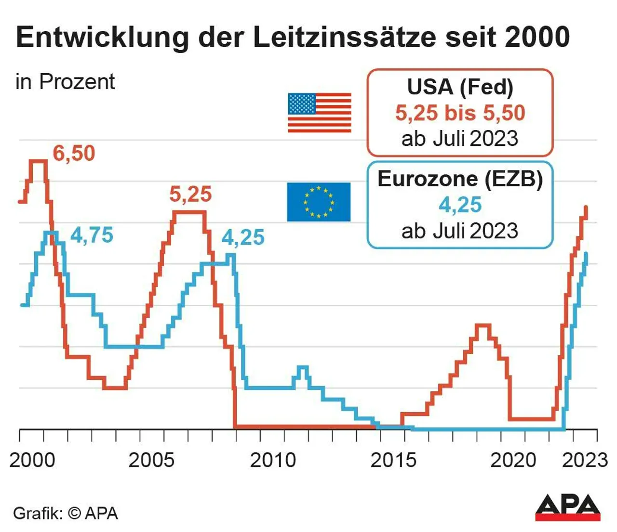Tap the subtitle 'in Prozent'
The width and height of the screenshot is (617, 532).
tap(65, 82)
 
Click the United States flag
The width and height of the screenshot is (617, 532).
tap(319, 113)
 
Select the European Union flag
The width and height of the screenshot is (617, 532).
tap(319, 202)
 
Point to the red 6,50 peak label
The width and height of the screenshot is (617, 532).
tap(74, 154)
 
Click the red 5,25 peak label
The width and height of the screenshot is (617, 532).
tap(190, 195)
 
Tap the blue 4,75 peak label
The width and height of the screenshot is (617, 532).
tap(92, 235)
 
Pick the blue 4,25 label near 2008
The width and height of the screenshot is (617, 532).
tap(243, 238)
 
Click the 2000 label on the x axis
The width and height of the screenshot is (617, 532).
tap(32, 460)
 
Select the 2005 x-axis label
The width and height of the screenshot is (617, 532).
tap(151, 460)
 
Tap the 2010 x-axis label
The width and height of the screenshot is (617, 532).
tap(272, 460)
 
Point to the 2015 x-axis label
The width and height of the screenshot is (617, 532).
tap(393, 460)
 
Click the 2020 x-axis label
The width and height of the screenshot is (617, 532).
tap(513, 460)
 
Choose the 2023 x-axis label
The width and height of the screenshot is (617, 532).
tap(585, 460)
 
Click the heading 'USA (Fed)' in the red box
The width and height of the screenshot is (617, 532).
tap(460, 87)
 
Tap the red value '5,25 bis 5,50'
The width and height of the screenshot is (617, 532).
tap(460, 113)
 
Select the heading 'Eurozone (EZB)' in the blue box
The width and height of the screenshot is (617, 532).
tap(460, 179)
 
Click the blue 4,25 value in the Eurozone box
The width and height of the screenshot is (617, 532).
tap(460, 205)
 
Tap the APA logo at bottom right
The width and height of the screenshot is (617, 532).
tap(567, 507)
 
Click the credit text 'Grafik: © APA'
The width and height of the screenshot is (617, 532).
tap(66, 513)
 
